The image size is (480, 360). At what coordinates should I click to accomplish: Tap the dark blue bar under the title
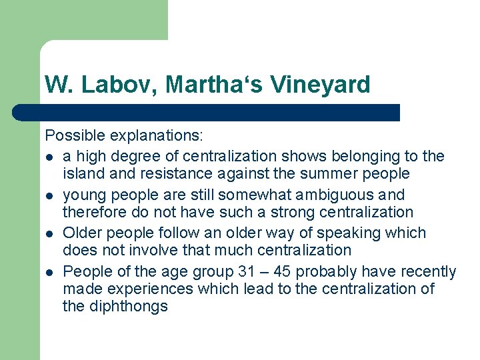pos(207,112)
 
